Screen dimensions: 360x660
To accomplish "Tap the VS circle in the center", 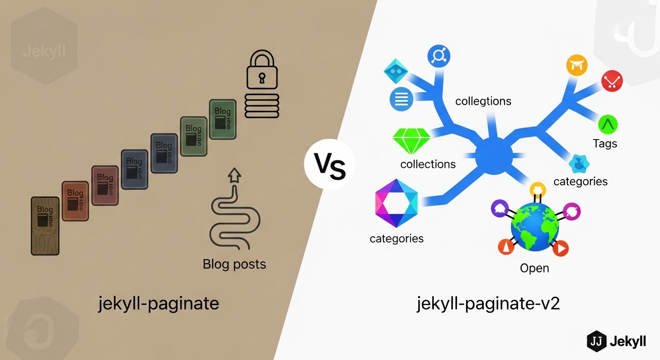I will [x=330, y=166].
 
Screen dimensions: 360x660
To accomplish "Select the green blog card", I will [x=222, y=119].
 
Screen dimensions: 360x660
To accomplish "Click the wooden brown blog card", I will [x=45, y=225].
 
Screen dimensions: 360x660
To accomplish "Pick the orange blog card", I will [x=75, y=201].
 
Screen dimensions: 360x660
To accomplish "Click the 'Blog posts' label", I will [x=234, y=264].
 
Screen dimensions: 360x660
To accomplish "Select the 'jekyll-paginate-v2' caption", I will [x=488, y=304].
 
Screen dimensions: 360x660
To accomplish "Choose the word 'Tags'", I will [x=605, y=144].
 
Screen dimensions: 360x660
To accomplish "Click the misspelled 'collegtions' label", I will [x=483, y=101].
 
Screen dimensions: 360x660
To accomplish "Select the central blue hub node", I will [x=494, y=155].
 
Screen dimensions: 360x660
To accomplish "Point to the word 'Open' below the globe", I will [x=534, y=268].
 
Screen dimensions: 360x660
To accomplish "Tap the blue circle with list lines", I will [x=401, y=99].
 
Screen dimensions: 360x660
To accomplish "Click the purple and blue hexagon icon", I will [x=396, y=203].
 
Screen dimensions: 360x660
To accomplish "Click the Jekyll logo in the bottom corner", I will [x=616, y=341].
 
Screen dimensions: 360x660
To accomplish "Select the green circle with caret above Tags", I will [x=608, y=124].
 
